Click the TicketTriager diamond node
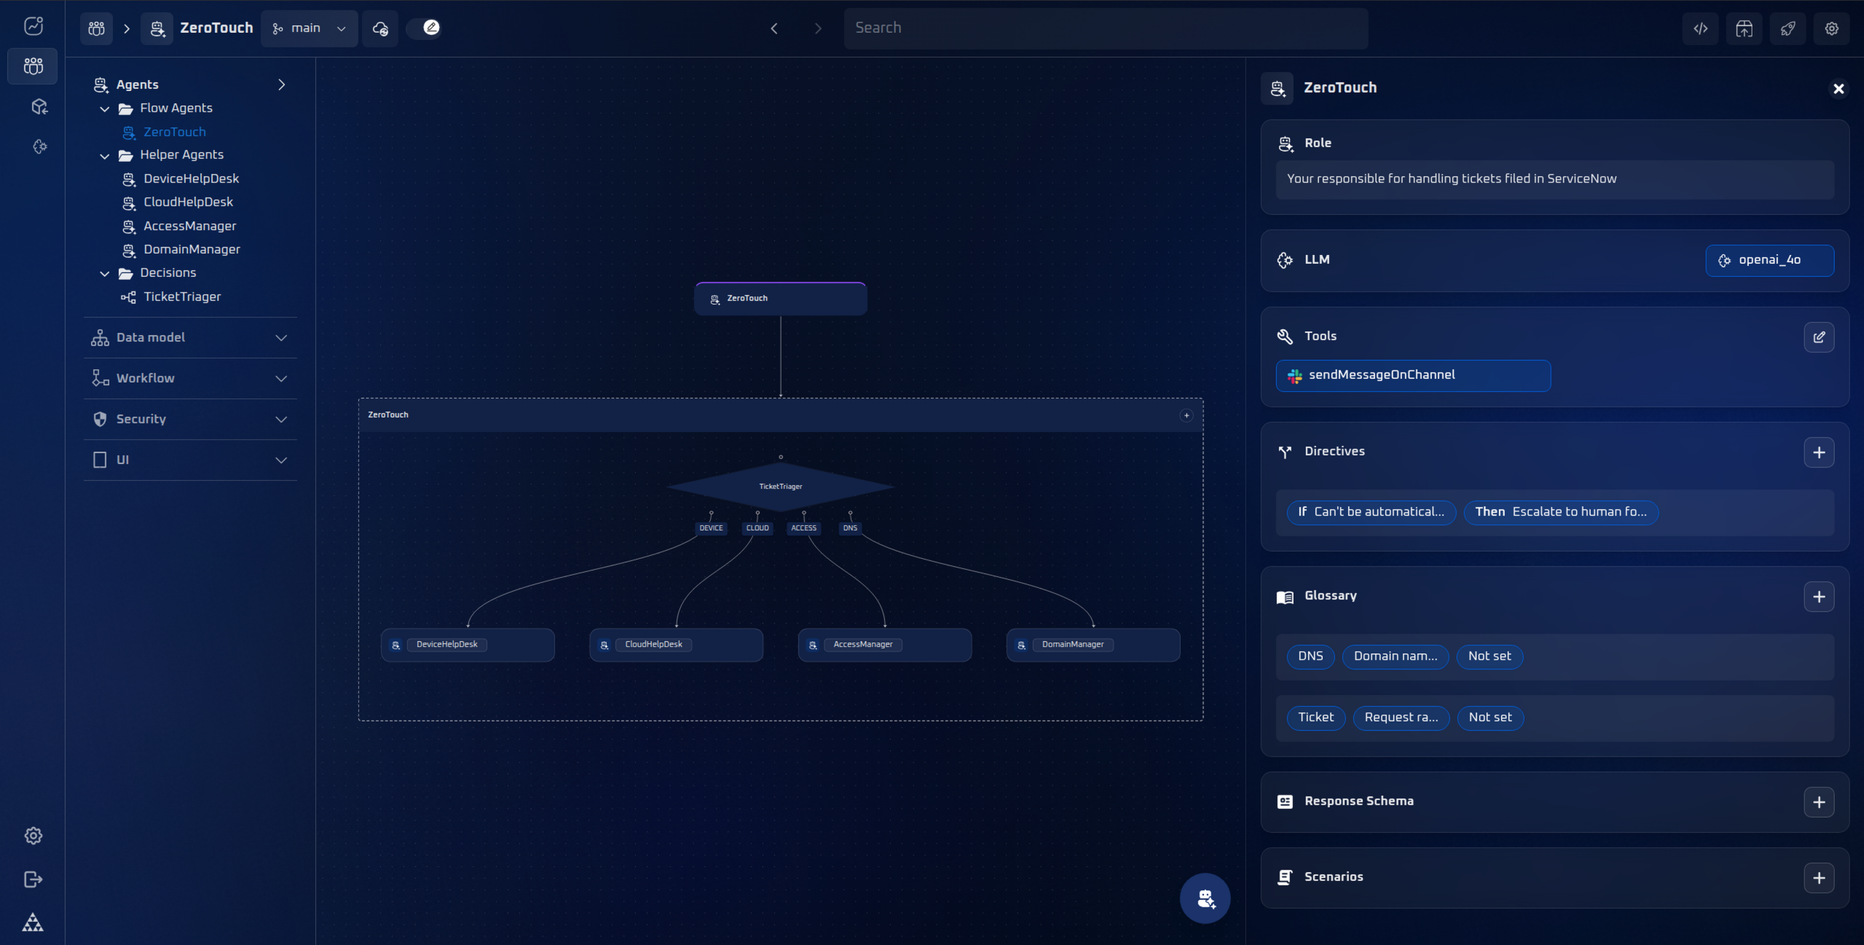point(780,486)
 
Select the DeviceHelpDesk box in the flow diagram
point(468,645)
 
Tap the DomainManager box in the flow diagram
point(1093,645)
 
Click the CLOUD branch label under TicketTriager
point(757,528)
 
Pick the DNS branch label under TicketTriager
point(850,528)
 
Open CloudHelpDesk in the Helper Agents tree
point(188,202)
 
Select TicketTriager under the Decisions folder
point(181,297)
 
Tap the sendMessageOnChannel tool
point(1412,375)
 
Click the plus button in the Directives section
point(1818,452)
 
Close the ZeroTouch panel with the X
point(1838,89)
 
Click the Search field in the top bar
point(1105,28)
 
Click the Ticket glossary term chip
point(1315,718)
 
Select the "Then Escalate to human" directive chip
point(1560,512)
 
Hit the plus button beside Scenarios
point(1818,878)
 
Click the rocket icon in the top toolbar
point(1788,28)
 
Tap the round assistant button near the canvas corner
point(1205,898)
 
